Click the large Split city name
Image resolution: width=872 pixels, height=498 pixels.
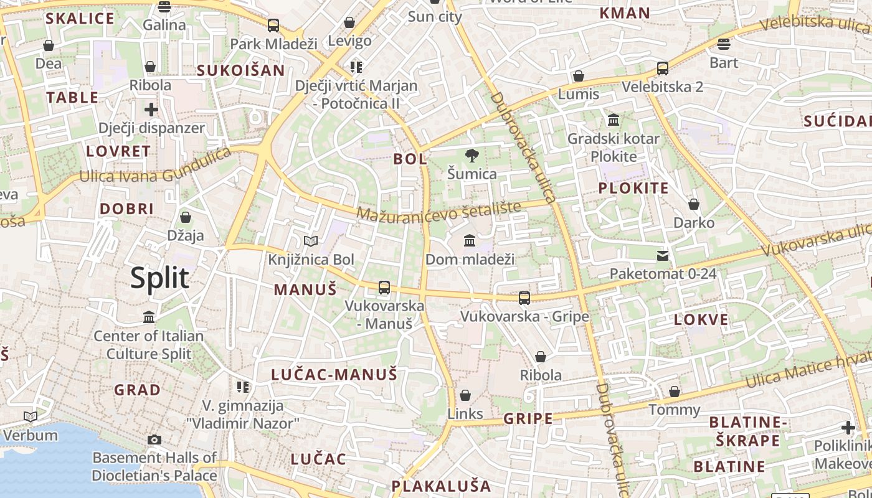(159, 278)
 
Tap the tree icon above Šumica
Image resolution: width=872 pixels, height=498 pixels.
(472, 156)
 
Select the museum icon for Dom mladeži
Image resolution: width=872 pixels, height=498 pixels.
(470, 240)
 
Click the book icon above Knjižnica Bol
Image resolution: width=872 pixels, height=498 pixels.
(310, 241)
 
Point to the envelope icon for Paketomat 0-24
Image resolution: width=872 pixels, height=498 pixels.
(663, 255)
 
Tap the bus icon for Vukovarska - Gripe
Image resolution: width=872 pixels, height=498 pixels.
(524, 298)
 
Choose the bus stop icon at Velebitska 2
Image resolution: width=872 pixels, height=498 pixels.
(663, 68)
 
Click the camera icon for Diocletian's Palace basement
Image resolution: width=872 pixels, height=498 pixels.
(154, 439)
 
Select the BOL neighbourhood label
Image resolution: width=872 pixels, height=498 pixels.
(410, 159)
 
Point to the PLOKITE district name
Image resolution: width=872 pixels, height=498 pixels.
(633, 189)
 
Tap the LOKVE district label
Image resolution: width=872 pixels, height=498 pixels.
(701, 320)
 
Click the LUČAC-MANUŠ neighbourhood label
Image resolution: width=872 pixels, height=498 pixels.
(334, 375)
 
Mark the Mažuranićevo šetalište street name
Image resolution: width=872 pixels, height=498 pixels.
(438, 211)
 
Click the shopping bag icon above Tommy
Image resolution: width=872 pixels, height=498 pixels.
(675, 392)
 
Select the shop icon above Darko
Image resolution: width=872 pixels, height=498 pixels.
(694, 204)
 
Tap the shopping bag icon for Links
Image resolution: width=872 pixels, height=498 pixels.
(465, 395)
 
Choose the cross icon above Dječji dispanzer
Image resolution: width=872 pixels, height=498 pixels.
(151, 110)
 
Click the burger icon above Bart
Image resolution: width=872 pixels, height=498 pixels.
(723, 44)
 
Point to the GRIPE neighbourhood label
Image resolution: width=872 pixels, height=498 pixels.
(528, 418)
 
